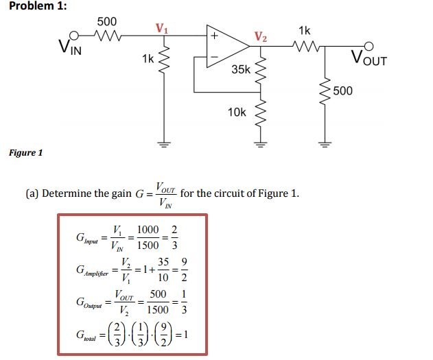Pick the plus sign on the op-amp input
click(214, 34)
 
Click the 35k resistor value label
click(241, 70)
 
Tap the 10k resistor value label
click(237, 111)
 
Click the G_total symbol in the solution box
click(88, 337)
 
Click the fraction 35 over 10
click(163, 269)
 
